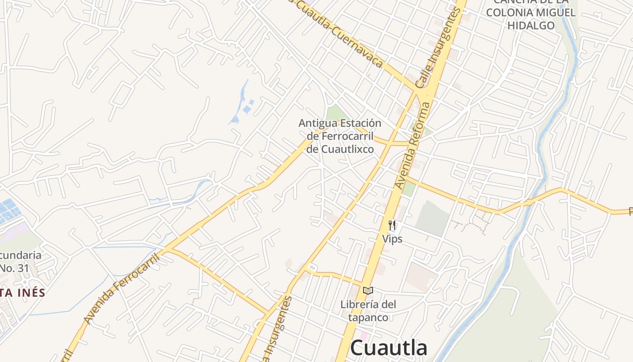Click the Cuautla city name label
389,348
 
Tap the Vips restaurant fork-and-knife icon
392,225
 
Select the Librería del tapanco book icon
368,291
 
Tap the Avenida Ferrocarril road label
122,289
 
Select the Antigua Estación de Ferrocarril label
340,136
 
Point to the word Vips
392,238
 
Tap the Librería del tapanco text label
368,310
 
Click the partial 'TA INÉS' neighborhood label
23,293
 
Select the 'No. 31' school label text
14,268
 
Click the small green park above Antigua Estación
335,112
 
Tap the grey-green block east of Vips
432,219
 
